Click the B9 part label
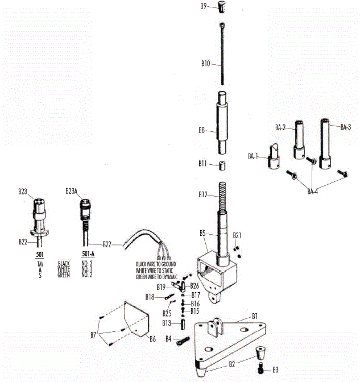(203, 6)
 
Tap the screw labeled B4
(180, 341)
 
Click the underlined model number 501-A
(88, 254)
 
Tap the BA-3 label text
(346, 127)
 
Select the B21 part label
(237, 235)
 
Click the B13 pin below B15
(184, 323)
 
